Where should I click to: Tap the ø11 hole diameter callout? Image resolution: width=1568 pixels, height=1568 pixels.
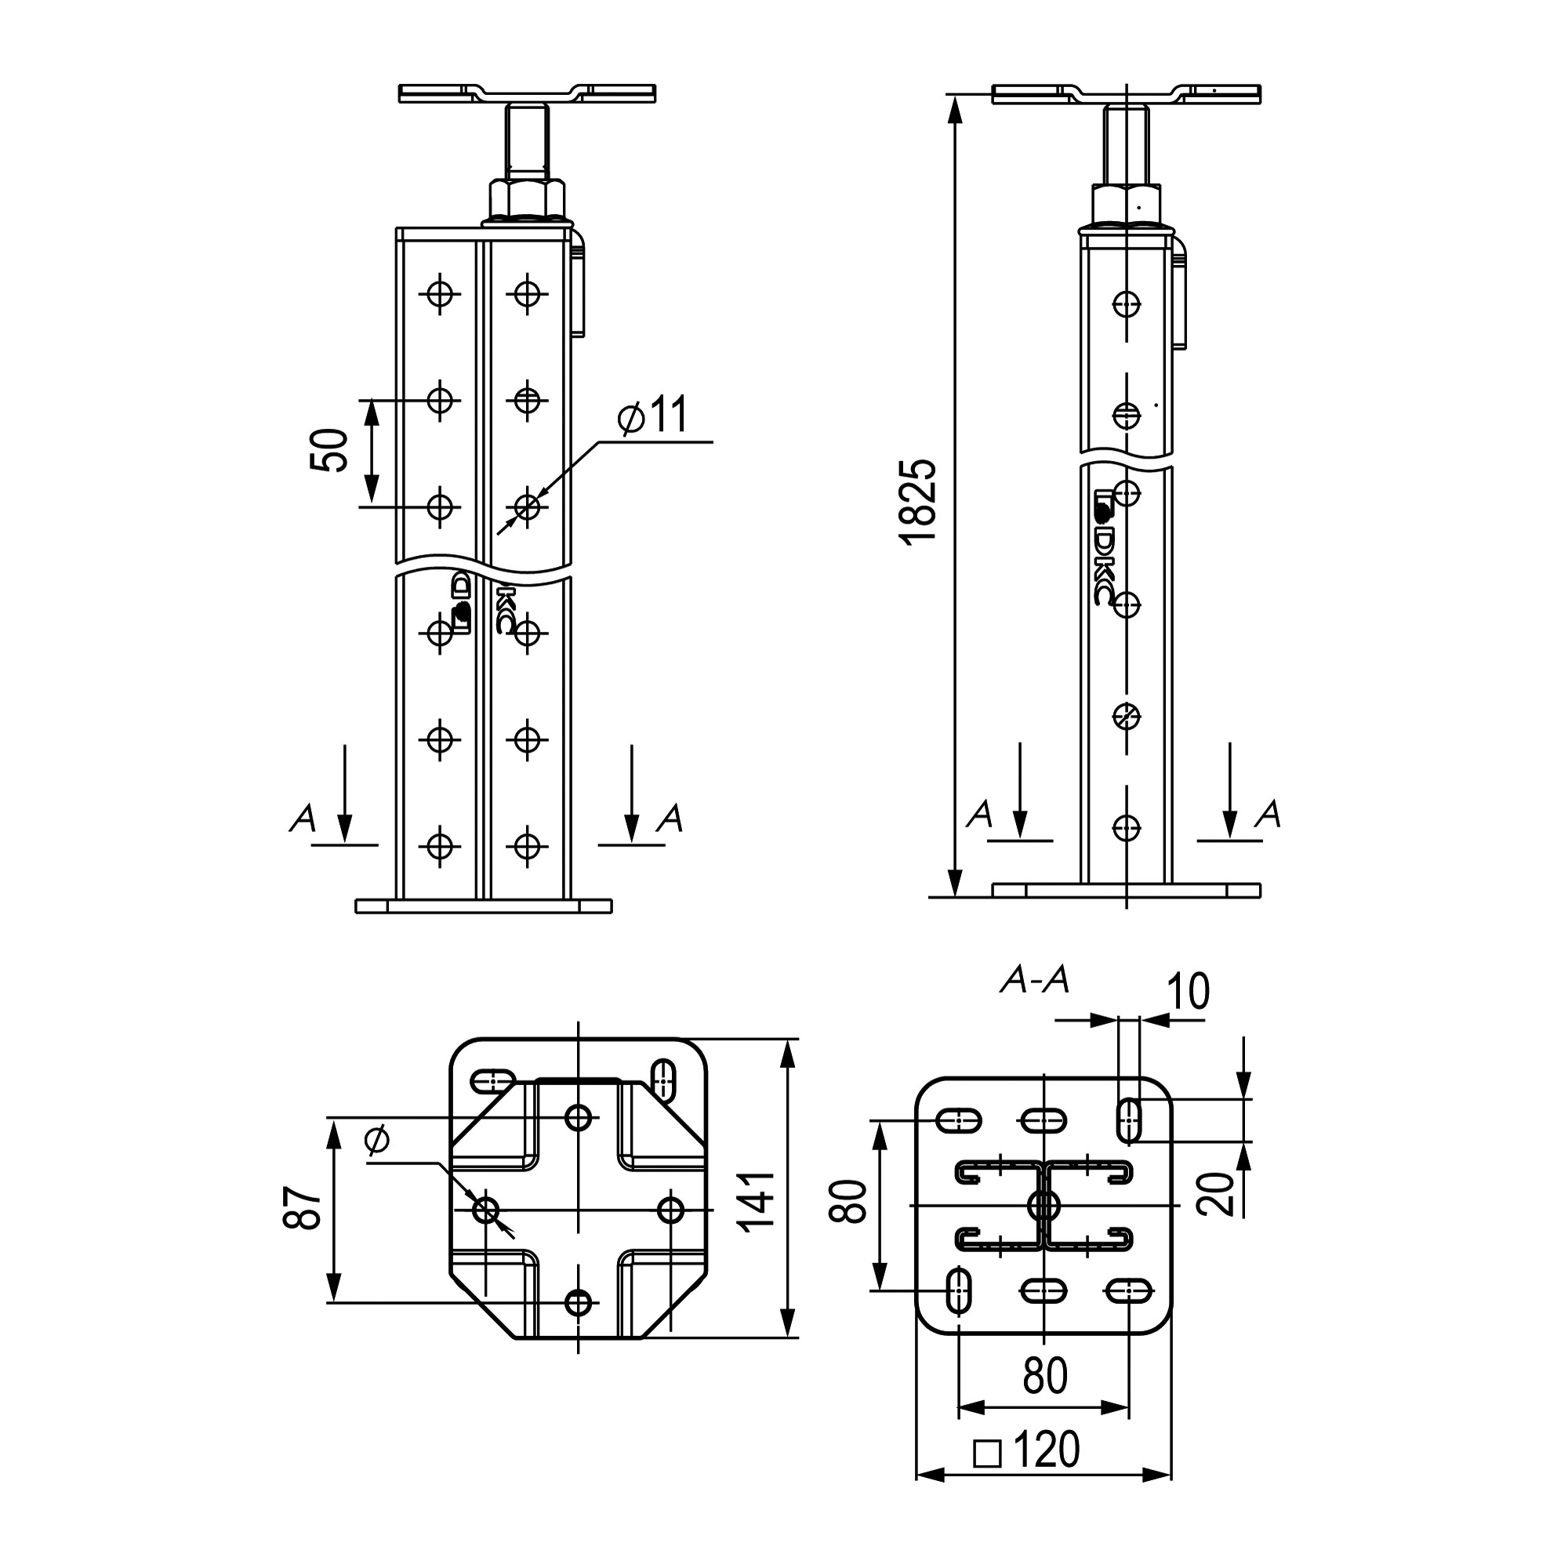[653, 416]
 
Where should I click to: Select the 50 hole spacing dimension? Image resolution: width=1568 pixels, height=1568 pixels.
[329, 451]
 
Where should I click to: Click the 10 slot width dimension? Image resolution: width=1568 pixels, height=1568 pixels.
[1189, 991]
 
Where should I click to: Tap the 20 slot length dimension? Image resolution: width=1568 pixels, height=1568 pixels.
[1215, 1193]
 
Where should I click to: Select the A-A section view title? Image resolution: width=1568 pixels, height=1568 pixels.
[1035, 982]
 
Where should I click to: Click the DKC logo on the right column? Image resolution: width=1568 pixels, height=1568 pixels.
[1104, 547]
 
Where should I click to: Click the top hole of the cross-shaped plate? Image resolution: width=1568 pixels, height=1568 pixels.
[579, 1117]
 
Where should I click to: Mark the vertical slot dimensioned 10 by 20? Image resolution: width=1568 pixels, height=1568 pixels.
[1129, 1120]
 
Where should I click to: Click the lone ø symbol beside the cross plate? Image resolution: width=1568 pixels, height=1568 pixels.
[377, 1140]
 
